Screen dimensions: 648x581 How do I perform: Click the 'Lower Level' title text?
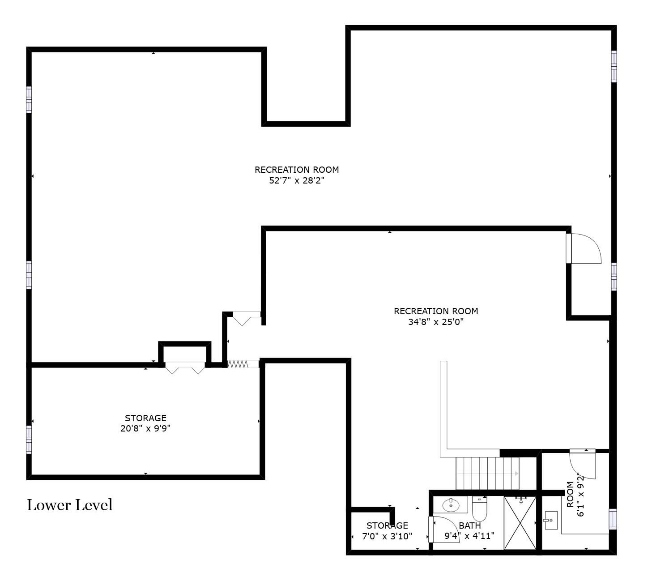[x=70, y=505]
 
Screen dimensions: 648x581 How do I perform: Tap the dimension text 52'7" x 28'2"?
[x=297, y=181]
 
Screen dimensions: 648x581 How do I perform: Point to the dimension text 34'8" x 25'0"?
[x=435, y=322]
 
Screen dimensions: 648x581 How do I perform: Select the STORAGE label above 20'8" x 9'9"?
[x=145, y=418]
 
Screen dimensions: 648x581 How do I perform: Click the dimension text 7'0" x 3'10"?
[x=387, y=536]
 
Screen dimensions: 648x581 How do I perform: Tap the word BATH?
[x=469, y=525]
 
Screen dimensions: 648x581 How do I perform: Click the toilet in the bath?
[x=479, y=508]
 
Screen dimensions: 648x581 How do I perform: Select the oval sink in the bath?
[x=451, y=505]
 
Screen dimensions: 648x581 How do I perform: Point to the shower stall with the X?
[x=520, y=523]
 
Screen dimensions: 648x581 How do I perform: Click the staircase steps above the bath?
[x=487, y=474]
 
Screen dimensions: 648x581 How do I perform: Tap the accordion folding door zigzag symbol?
[x=238, y=364]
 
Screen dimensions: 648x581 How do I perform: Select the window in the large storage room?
[x=29, y=440]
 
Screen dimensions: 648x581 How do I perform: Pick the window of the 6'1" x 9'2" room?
[x=613, y=519]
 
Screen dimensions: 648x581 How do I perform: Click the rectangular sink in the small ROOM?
[x=551, y=520]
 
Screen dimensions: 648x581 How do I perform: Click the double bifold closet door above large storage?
[x=185, y=367]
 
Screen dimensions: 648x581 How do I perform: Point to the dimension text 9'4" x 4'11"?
[x=469, y=536]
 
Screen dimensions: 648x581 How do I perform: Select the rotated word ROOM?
[x=570, y=494]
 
